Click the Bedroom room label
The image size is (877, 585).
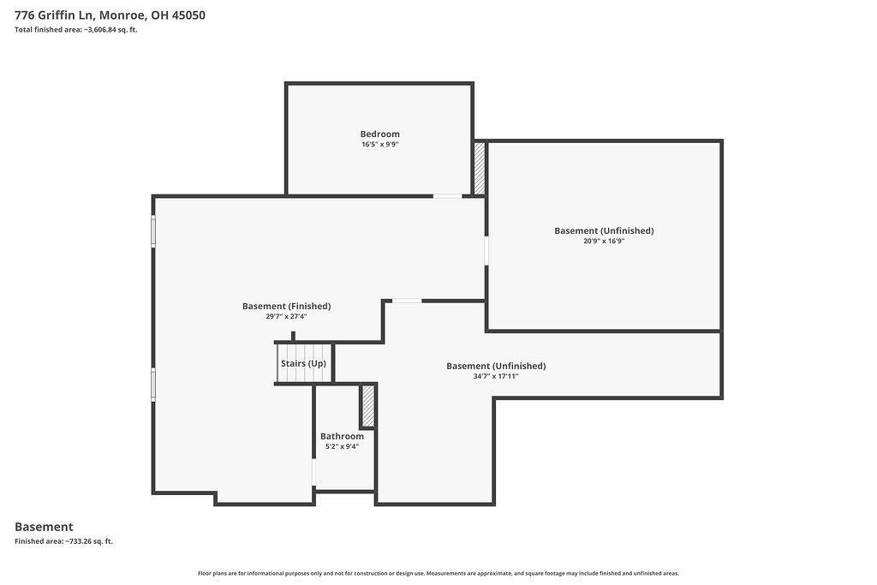click(x=379, y=134)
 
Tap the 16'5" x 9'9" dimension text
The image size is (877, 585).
click(x=379, y=144)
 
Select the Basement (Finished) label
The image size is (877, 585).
click(x=286, y=307)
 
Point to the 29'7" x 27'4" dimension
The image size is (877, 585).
click(x=286, y=317)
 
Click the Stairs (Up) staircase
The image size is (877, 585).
click(x=304, y=363)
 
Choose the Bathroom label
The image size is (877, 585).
click(x=342, y=436)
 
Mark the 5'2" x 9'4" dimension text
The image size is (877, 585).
click(x=342, y=446)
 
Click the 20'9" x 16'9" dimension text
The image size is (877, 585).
click(x=604, y=241)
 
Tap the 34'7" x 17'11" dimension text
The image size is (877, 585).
click(x=496, y=376)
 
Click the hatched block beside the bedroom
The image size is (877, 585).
click(x=480, y=169)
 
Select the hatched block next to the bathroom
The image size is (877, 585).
click(x=368, y=407)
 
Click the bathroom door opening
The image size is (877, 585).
click(x=313, y=473)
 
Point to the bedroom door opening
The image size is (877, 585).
click(x=447, y=196)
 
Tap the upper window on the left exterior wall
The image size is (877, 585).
click(x=153, y=231)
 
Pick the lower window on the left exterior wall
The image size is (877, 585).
click(x=153, y=385)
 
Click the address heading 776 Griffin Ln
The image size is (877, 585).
click(x=110, y=15)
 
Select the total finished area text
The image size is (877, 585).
click(x=76, y=30)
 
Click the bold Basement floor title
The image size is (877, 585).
click(x=44, y=527)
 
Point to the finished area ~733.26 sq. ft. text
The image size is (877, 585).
click(x=63, y=541)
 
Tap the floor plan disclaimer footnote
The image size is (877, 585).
click(x=438, y=573)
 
